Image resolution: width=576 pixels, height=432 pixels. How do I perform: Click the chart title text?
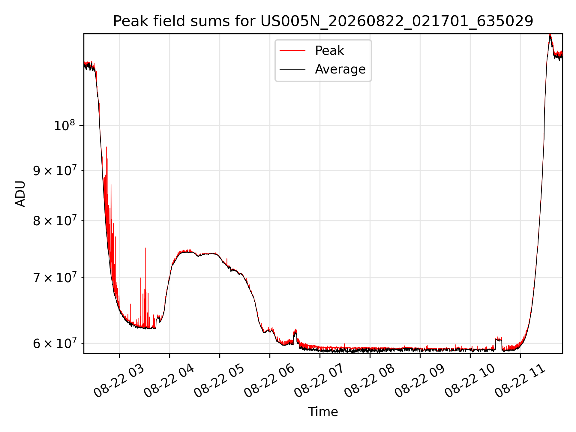tap(323, 21)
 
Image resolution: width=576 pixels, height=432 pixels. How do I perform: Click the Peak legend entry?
tap(312, 51)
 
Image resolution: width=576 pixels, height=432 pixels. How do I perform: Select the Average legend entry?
tap(322, 69)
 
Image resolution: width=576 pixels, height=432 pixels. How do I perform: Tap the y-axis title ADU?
tap(20, 193)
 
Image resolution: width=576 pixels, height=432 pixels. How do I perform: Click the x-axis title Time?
tap(323, 412)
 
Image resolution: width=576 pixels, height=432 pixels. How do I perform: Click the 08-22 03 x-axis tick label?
tap(119, 381)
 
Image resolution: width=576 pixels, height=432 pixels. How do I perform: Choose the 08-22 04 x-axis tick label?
tap(169, 381)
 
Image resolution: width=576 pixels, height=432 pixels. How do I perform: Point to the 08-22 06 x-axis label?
tap(269, 381)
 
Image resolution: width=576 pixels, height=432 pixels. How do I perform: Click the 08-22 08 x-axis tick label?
tap(370, 381)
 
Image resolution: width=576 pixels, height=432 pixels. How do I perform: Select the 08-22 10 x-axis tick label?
tap(470, 381)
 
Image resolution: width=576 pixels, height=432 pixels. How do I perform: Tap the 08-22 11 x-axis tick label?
tap(520, 381)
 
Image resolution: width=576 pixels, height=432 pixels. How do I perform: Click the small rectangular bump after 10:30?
tap(499, 339)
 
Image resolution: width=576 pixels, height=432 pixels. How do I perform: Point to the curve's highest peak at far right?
tap(550, 35)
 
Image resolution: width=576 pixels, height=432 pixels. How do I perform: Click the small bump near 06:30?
tap(295, 332)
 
